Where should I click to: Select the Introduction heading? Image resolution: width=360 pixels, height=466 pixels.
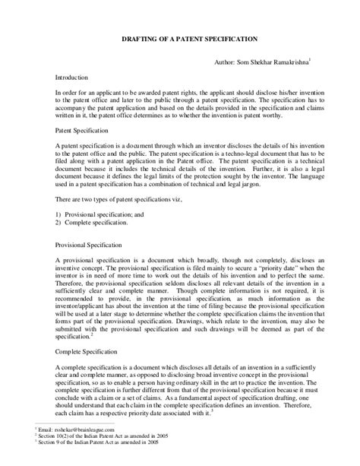point(73,78)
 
